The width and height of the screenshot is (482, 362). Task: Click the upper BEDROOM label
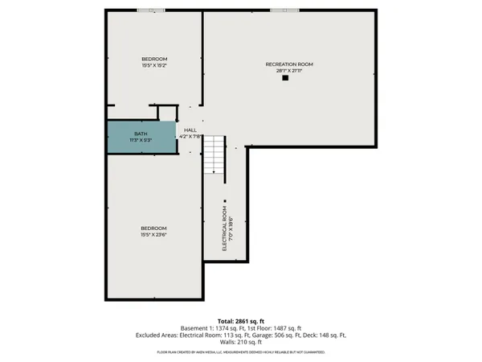tap(154, 60)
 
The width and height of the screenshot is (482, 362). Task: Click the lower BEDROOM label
tap(154, 228)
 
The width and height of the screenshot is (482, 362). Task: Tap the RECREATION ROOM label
tap(289, 64)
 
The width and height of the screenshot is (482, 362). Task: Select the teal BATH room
tap(141, 135)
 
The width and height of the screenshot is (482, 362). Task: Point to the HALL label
tap(190, 130)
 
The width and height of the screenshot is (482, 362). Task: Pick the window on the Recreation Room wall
tap(283, 10)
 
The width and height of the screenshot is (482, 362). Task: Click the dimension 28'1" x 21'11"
tap(289, 71)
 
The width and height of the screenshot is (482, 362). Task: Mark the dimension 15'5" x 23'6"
tap(154, 235)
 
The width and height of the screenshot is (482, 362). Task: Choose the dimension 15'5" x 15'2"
tap(154, 66)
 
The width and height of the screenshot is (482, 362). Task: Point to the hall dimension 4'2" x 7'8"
tap(190, 137)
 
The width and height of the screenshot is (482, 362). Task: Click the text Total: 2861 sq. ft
tap(241, 321)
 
